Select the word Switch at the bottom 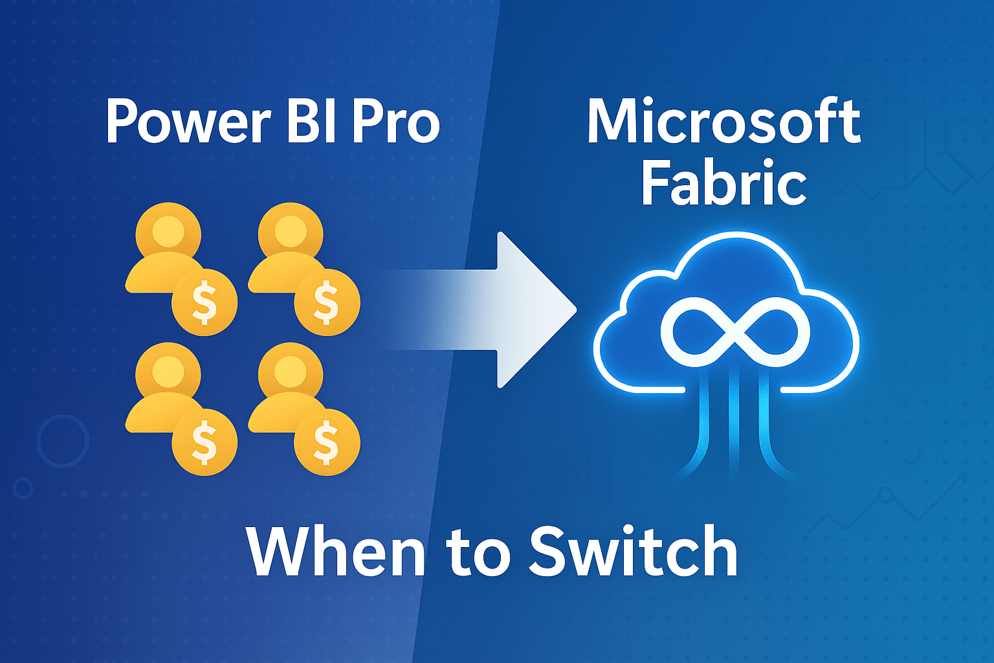pyautogui.click(x=633, y=552)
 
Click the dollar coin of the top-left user pyautogui.click(x=204, y=302)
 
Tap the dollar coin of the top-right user pyautogui.click(x=326, y=302)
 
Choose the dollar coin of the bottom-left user pyautogui.click(x=204, y=443)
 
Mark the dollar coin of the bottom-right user pyautogui.click(x=326, y=443)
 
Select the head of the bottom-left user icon pyautogui.click(x=168, y=372)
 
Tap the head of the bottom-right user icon pyautogui.click(x=290, y=372)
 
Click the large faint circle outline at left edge pyautogui.click(x=63, y=441)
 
